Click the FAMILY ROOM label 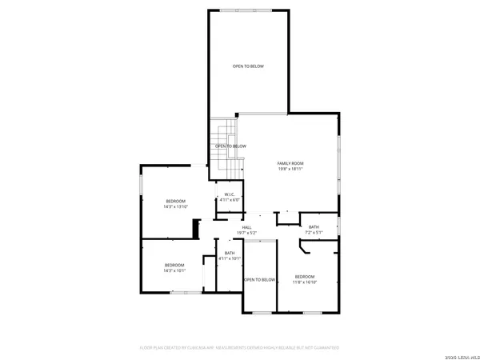pos(290,162)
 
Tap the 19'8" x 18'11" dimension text pos(290,169)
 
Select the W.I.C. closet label pos(229,194)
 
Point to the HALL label pos(247,227)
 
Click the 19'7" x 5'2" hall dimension pos(247,234)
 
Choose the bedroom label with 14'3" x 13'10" pos(175,200)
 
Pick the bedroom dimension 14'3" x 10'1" pos(174,270)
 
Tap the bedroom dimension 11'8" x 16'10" pos(305,282)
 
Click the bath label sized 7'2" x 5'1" pos(314,227)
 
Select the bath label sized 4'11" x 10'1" pos(230,254)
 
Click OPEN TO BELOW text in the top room pos(248,66)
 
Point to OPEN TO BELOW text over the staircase pos(230,146)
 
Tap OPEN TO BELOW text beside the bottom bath pos(260,279)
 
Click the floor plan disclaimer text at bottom pos(240,348)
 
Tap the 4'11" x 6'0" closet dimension pos(229,200)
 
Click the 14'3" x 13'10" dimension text pos(175,206)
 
